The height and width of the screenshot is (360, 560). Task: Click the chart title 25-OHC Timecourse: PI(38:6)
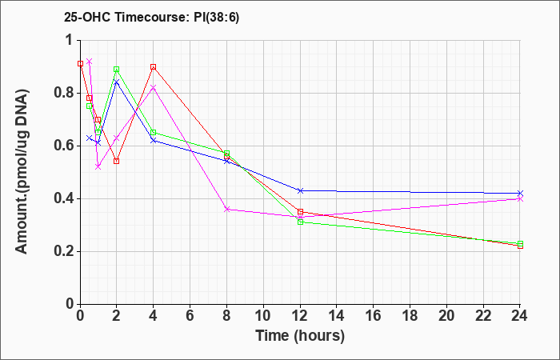[x=151, y=17]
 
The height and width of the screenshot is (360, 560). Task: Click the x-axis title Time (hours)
[x=300, y=336]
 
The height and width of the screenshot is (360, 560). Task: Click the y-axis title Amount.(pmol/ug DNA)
[x=22, y=172]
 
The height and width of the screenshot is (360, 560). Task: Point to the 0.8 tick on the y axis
[x=65, y=94]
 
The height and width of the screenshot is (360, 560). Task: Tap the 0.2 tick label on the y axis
[x=65, y=251]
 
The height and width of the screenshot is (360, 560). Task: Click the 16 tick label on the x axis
[x=374, y=316]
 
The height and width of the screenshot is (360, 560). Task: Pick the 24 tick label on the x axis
[x=520, y=316]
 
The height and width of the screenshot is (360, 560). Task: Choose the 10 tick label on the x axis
[x=263, y=316]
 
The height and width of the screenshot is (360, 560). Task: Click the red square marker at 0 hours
[x=80, y=63]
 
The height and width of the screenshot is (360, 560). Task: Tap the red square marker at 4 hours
[x=154, y=66]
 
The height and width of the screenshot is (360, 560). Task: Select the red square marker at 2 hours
[x=117, y=161]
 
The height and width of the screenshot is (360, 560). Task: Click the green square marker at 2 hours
[x=117, y=70]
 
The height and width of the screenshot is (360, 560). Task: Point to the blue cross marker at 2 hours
[x=117, y=82]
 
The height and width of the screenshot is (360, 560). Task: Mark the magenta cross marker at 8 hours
[x=226, y=210]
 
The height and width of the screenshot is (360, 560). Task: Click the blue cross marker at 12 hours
[x=300, y=190]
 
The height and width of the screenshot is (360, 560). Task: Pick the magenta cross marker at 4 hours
[x=154, y=88]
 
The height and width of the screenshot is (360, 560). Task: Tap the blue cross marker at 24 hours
[x=520, y=194]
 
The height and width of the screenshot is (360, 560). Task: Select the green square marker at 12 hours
[x=300, y=222]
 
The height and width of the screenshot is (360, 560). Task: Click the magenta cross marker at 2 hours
[x=117, y=138]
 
